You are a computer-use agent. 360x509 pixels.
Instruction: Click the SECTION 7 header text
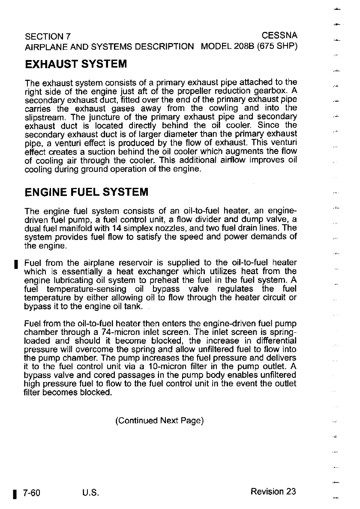(x=48, y=35)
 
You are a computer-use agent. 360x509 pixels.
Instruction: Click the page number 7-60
(x=32, y=492)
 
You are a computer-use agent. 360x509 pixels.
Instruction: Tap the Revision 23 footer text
(x=273, y=491)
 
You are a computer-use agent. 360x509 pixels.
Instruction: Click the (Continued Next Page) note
(x=159, y=421)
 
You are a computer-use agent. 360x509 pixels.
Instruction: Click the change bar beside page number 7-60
(x=15, y=492)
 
